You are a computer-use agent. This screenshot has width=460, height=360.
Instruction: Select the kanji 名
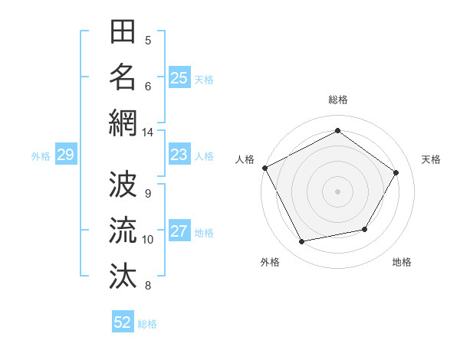tap(123, 77)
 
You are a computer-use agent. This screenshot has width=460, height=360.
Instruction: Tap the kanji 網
tap(123, 123)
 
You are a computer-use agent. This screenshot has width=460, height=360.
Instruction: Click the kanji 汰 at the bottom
tap(123, 275)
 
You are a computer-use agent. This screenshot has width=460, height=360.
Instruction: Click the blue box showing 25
tap(179, 78)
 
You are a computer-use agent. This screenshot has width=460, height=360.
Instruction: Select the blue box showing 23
tap(179, 155)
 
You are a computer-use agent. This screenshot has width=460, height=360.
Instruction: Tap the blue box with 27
tap(179, 232)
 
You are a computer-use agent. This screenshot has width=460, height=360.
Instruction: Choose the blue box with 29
tap(65, 155)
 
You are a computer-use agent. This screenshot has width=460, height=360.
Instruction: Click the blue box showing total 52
tap(123, 322)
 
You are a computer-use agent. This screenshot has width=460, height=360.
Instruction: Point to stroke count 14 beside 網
tap(147, 133)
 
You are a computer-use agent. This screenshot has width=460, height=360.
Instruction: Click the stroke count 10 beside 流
tap(147, 240)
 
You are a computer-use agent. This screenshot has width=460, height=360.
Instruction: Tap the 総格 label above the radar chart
tap(337, 100)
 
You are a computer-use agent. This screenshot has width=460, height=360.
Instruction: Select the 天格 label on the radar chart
tap(431, 159)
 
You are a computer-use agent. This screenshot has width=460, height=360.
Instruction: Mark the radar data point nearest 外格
tap(302, 242)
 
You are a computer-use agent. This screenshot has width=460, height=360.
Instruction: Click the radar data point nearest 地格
tap(365, 229)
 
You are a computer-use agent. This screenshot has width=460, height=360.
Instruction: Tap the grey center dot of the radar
tap(337, 191)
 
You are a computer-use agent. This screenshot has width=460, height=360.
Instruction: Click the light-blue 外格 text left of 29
tap(41, 156)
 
